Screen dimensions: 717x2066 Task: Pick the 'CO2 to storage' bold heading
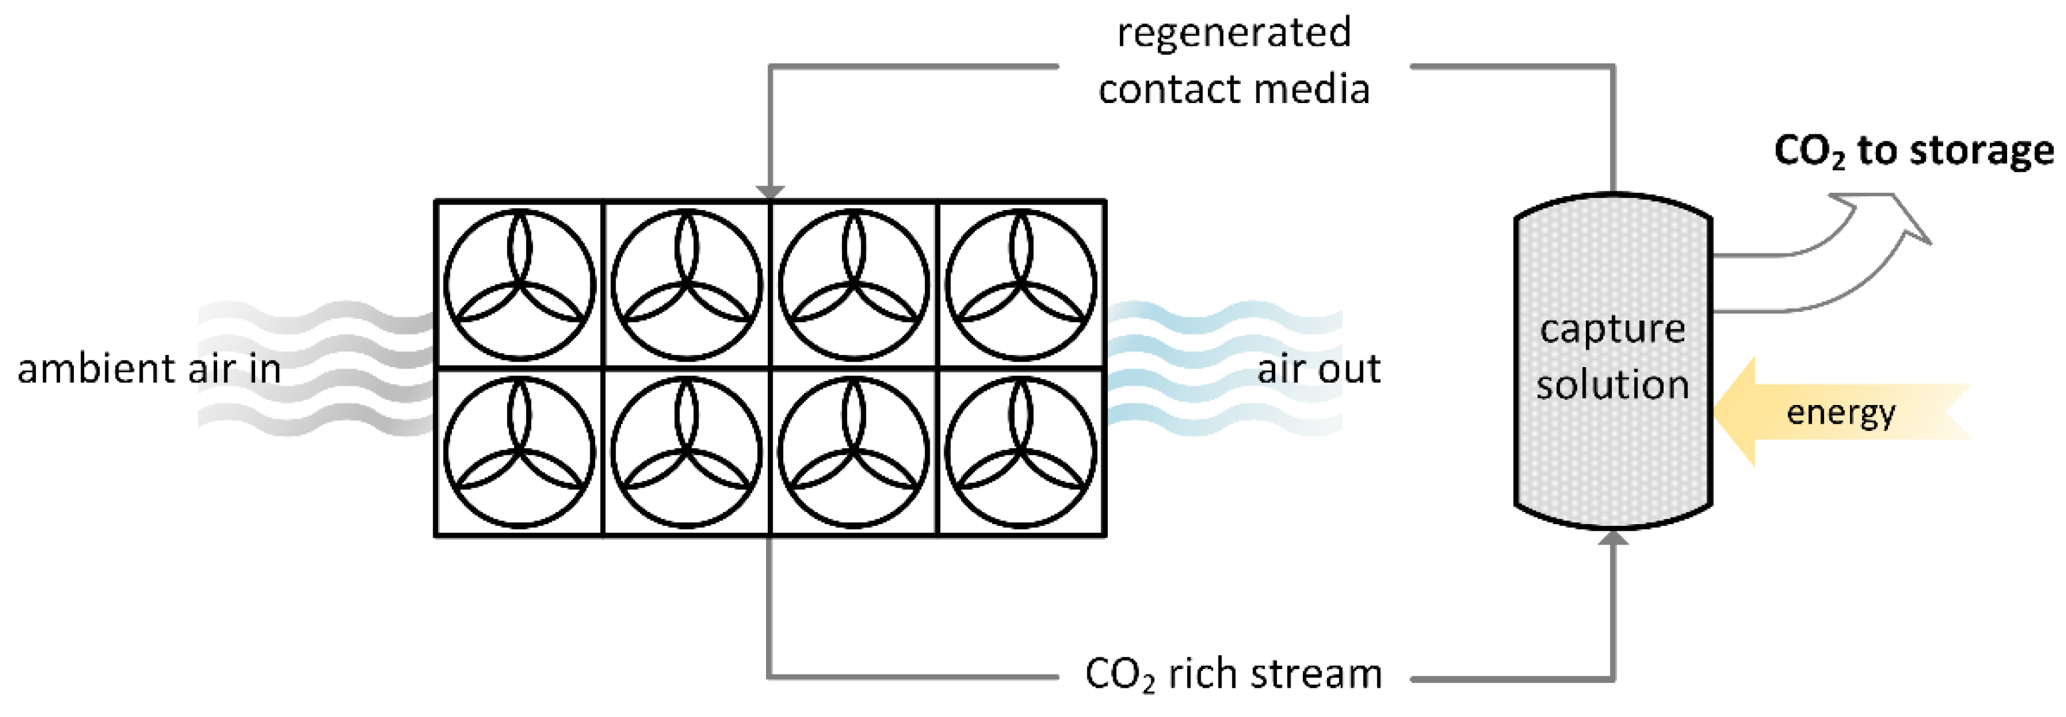click(1913, 151)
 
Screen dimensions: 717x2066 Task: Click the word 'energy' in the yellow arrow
click(1841, 412)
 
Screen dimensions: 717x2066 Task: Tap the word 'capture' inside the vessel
click(1612, 329)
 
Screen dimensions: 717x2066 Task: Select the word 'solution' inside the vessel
click(1612, 385)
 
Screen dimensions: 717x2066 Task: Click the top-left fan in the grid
click(520, 285)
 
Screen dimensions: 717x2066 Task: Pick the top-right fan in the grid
click(1020, 285)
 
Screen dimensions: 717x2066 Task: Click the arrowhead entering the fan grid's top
click(770, 192)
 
